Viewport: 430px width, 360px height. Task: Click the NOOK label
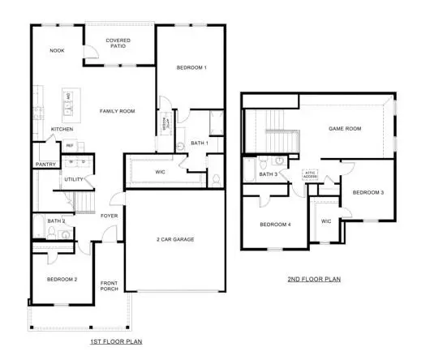coord(57,51)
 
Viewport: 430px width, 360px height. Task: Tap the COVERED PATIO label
coord(118,44)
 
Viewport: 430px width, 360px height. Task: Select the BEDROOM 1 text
coord(191,68)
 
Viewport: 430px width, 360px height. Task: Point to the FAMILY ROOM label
coord(117,111)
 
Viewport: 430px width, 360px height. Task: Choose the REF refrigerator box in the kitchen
coord(70,146)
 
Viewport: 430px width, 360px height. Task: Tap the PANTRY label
coord(45,165)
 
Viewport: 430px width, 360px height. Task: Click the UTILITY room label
coord(75,179)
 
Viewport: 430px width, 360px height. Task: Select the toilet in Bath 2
coord(51,234)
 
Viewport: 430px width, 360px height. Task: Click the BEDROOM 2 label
coord(62,280)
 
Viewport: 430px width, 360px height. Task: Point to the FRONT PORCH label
coord(110,286)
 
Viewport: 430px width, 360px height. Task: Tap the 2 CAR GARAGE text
coord(176,239)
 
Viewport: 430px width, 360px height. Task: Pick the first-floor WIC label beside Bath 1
coord(160,173)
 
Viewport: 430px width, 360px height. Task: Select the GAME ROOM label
coord(344,129)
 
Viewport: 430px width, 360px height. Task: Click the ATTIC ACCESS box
coord(309,174)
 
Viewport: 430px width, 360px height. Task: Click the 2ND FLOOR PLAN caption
coord(314,280)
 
